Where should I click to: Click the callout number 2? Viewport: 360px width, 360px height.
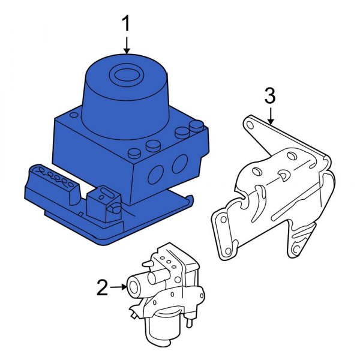[x=102, y=288]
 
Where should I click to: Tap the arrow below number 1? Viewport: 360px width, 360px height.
[x=127, y=46]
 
